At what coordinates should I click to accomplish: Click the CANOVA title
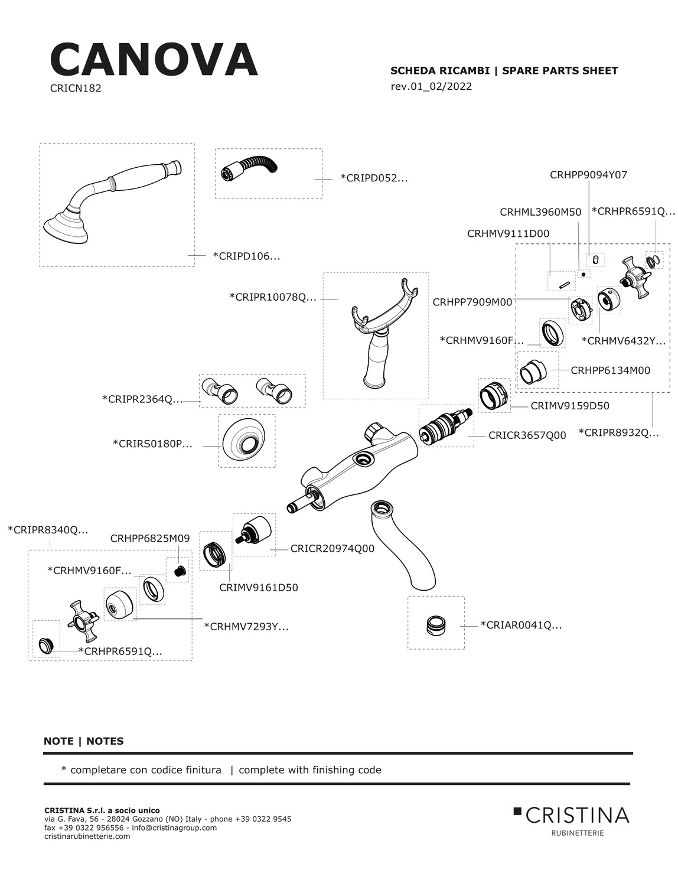154,60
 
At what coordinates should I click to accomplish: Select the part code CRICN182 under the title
76,89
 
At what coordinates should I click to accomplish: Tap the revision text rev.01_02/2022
431,86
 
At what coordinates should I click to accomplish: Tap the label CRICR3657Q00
527,435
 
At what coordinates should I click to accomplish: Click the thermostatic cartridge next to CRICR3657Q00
446,426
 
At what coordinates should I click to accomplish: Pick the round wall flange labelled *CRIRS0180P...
246,441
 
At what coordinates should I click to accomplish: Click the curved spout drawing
402,543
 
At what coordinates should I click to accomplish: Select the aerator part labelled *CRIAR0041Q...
436,625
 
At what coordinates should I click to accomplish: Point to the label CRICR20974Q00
332,549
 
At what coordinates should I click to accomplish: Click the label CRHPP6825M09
150,539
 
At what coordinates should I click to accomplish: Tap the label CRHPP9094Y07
588,175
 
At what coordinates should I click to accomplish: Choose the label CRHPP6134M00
610,371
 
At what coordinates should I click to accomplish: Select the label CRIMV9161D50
258,588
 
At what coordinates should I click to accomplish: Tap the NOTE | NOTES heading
84,741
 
